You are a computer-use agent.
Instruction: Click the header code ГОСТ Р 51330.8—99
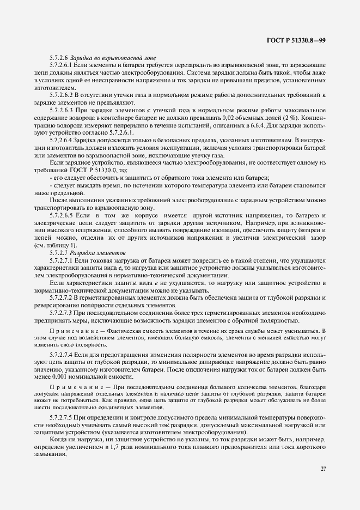click(x=297, y=41)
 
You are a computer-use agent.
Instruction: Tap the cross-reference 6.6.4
click(x=238, y=125)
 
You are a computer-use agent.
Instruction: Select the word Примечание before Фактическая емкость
click(x=69, y=330)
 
